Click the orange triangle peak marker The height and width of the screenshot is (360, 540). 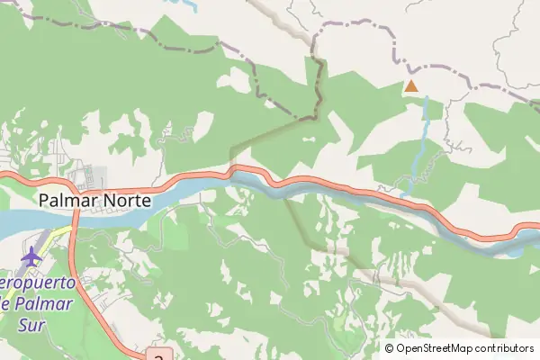point(410,86)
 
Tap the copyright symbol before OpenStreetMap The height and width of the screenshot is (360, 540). point(390,348)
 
